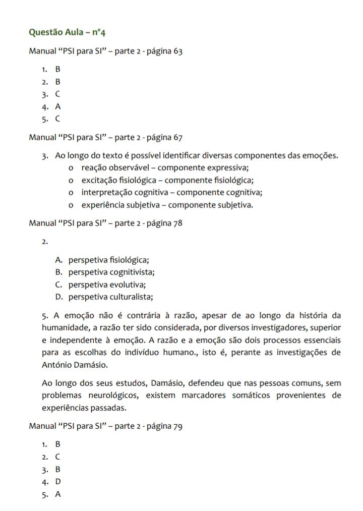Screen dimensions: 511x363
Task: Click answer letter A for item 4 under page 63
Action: click(58, 106)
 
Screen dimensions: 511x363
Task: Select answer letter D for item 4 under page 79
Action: click(58, 482)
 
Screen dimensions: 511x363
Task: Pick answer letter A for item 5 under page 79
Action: click(58, 494)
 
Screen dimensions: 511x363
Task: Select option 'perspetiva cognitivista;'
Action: click(111, 272)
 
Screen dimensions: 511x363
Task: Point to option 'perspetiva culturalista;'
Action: click(111, 297)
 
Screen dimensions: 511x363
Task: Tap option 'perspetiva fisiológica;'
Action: click(109, 260)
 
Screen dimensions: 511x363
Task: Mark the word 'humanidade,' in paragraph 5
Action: click(64, 327)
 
